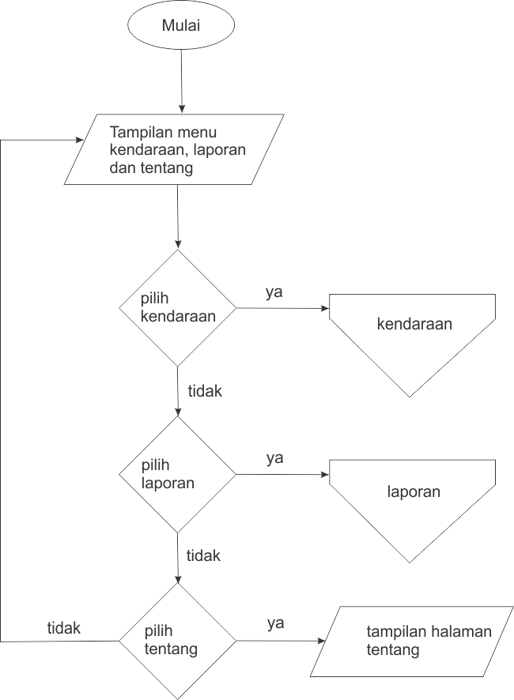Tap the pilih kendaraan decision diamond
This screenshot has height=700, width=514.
click(x=177, y=307)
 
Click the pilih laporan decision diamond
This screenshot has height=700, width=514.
click(x=177, y=474)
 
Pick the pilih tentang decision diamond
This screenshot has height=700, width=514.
click(x=177, y=641)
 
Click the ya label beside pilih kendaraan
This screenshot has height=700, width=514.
click(x=274, y=292)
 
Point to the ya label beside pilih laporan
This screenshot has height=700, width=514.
click(x=274, y=457)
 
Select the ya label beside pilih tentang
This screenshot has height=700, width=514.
click(x=275, y=623)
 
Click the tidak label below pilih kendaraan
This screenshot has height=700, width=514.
click(x=205, y=390)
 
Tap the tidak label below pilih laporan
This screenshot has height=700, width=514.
click(x=203, y=555)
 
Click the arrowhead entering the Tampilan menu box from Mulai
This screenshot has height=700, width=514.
click(x=182, y=109)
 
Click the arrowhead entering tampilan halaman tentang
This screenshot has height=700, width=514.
click(x=321, y=642)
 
